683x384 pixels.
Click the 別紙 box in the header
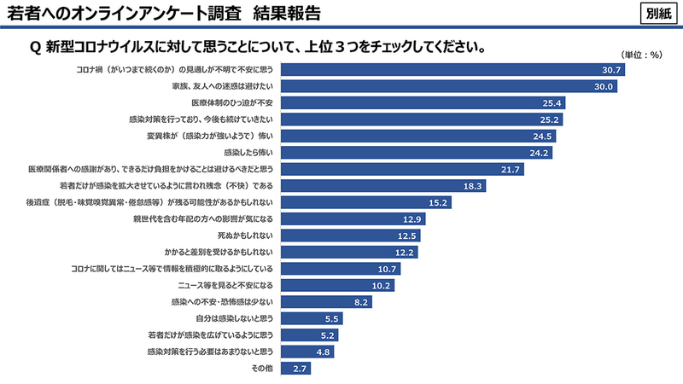click(x=657, y=14)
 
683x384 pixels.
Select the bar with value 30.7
click(x=452, y=70)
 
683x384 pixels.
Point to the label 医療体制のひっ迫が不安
click(x=231, y=103)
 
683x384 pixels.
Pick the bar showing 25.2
click(x=422, y=119)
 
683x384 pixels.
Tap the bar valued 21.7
click(x=401, y=169)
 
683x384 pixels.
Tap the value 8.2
click(x=360, y=302)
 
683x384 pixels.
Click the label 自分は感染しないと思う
click(x=234, y=318)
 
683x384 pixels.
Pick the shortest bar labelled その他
click(x=295, y=368)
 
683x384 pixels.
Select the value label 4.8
click(x=321, y=352)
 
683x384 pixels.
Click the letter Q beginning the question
click(x=35, y=46)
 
